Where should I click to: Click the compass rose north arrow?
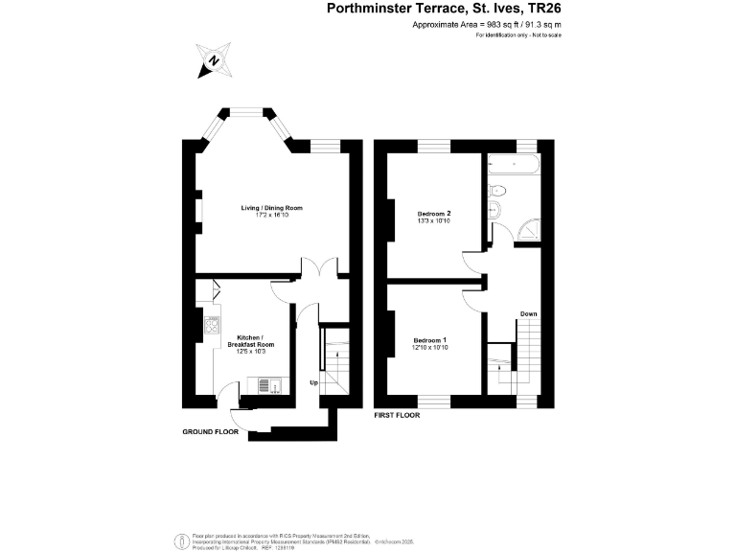click(x=213, y=60)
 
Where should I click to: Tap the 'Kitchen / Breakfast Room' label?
click(x=256, y=340)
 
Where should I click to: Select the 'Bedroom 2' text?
click(x=434, y=213)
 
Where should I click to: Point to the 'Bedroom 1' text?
click(x=430, y=340)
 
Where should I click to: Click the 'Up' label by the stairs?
click(x=313, y=382)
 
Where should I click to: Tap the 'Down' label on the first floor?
click(x=528, y=313)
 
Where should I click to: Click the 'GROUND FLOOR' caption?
click(x=210, y=432)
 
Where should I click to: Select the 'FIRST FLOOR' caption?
click(x=397, y=416)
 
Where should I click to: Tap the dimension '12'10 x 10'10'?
click(x=430, y=348)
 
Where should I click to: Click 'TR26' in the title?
click(x=540, y=9)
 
